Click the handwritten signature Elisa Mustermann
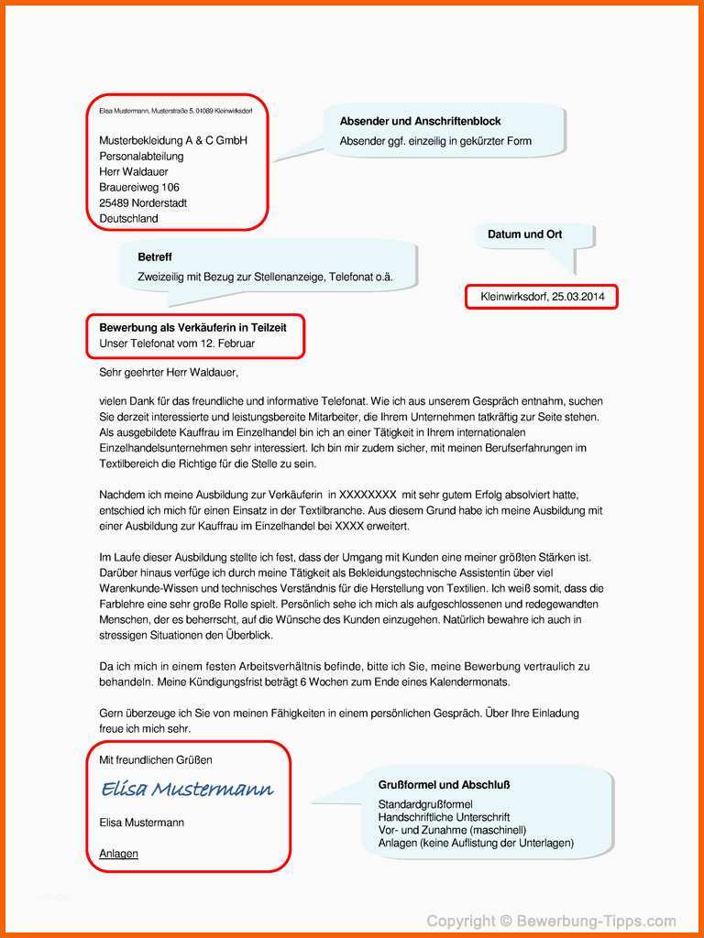pyautogui.click(x=186, y=789)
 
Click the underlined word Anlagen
pyautogui.click(x=118, y=854)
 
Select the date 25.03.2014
pyautogui.click(x=578, y=297)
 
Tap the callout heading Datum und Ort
pyautogui.click(x=524, y=234)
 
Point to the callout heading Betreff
pyautogui.click(x=155, y=257)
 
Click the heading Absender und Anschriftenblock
pyautogui.click(x=420, y=121)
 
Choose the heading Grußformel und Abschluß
pyautogui.click(x=444, y=785)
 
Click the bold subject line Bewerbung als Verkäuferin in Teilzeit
pyautogui.click(x=199, y=327)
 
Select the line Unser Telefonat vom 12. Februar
pyautogui.click(x=177, y=344)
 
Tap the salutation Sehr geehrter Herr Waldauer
pyautogui.click(x=169, y=373)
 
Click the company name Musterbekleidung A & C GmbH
pyautogui.click(x=173, y=140)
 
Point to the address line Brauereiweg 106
pyautogui.click(x=139, y=187)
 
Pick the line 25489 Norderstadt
pyautogui.click(x=143, y=202)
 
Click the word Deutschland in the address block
pyautogui.click(x=128, y=218)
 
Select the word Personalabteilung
pyautogui.click(x=142, y=156)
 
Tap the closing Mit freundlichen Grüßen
pyautogui.click(x=156, y=760)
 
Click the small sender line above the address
pyautogui.click(x=176, y=110)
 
